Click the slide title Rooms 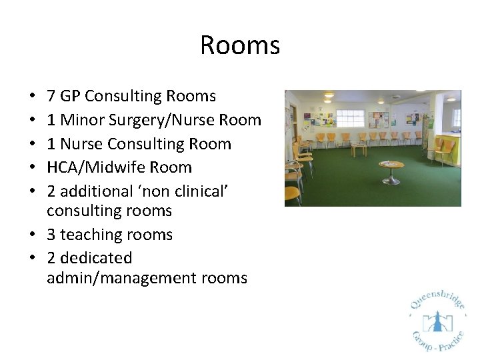click(240, 45)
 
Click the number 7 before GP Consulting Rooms click(51, 97)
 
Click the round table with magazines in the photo click(391, 165)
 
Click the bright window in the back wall click(350, 118)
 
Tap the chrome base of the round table click(391, 181)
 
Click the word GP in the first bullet click(70, 97)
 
